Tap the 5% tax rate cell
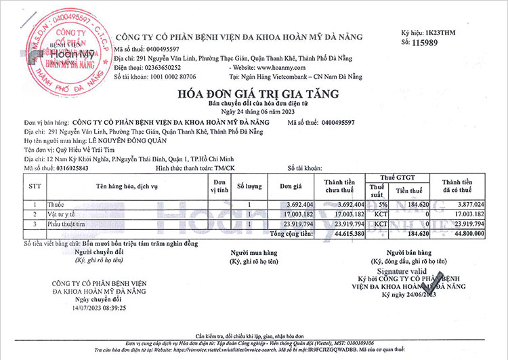tap(383, 204)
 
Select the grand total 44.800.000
tap(463, 233)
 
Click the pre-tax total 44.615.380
tap(345, 233)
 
